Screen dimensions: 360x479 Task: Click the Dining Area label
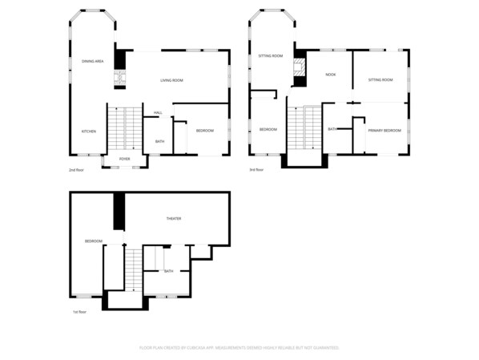pyautogui.click(x=93, y=61)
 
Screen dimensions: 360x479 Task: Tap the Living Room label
pyautogui.click(x=171, y=80)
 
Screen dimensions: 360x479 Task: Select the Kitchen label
pyautogui.click(x=88, y=131)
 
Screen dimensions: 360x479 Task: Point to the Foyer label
pyautogui.click(x=124, y=160)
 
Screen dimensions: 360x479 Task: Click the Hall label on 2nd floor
pyautogui.click(x=159, y=113)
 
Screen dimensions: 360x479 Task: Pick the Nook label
pyautogui.click(x=330, y=75)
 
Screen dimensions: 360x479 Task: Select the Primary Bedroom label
pyautogui.click(x=384, y=130)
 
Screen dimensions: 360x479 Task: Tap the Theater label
pyautogui.click(x=173, y=219)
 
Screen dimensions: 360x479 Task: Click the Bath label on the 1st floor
pyautogui.click(x=168, y=271)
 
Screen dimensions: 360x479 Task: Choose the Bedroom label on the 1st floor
pyautogui.click(x=94, y=241)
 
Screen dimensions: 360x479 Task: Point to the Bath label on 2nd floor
pyautogui.click(x=160, y=142)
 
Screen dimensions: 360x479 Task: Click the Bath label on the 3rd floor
pyautogui.click(x=332, y=129)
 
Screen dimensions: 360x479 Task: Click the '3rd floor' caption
pyautogui.click(x=256, y=170)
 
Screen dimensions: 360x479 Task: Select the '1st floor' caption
pyautogui.click(x=78, y=312)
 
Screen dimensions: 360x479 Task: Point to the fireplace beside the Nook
pyautogui.click(x=300, y=69)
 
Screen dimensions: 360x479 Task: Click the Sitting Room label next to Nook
pyautogui.click(x=380, y=80)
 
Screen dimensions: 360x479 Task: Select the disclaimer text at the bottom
pyautogui.click(x=239, y=348)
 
